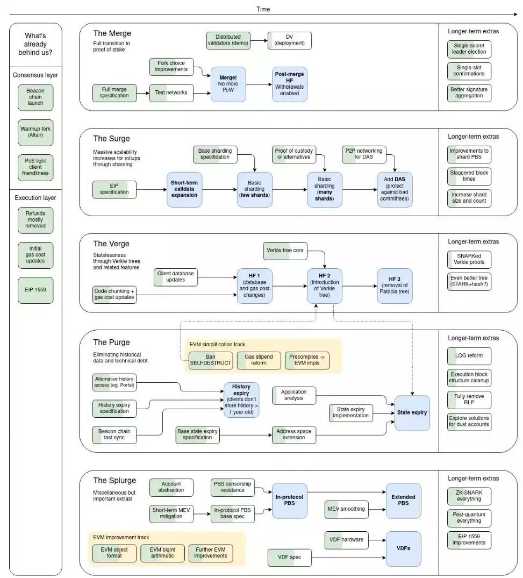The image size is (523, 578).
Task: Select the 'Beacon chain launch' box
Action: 35,97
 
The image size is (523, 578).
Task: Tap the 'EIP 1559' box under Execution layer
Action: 35,290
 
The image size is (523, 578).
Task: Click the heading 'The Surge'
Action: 111,139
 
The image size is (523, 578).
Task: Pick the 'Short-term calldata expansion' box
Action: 184,189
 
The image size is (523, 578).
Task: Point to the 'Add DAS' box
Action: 395,189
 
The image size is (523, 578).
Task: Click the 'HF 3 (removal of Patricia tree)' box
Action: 395,285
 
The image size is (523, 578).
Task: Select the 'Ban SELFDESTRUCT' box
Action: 210,360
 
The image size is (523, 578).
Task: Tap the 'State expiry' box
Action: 412,412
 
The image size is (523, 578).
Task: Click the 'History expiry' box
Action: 241,400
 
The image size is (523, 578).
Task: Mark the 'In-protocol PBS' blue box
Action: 289,500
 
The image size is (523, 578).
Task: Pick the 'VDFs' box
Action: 403,549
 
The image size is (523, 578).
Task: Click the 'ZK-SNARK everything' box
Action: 469,496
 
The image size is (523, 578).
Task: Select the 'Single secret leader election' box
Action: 469,48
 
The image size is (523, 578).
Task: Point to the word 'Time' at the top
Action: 263,9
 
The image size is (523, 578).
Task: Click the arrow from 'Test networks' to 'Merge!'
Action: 201,92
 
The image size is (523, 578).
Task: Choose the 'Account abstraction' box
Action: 171,487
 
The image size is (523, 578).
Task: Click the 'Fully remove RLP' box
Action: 469,399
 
